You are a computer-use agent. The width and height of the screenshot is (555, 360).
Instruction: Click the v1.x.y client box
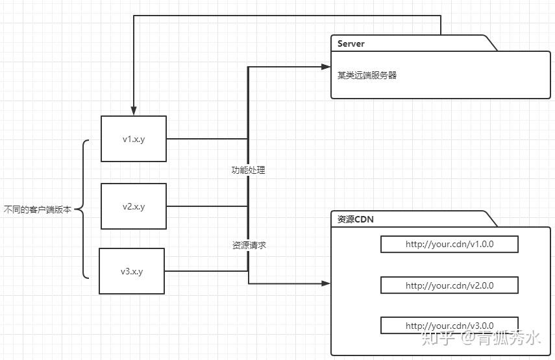point(134,139)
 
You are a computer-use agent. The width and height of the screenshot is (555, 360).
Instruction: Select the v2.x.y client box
point(134,206)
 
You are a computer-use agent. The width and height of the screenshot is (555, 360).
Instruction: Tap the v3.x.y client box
point(132,271)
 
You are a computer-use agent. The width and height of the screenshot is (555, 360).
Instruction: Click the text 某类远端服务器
point(367,75)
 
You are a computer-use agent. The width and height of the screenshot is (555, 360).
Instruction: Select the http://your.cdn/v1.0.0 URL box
point(449,245)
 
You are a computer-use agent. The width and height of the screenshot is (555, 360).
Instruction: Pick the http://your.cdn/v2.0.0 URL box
point(449,285)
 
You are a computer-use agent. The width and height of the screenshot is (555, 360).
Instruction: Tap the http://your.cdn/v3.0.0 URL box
point(449,326)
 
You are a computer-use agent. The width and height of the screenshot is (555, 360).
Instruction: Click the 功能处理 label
point(249,170)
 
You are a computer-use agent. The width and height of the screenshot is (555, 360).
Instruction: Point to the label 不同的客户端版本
point(37,210)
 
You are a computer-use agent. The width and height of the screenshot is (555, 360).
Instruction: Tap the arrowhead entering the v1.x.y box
point(134,112)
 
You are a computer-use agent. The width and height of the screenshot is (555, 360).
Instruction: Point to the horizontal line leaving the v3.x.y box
point(206,271)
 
